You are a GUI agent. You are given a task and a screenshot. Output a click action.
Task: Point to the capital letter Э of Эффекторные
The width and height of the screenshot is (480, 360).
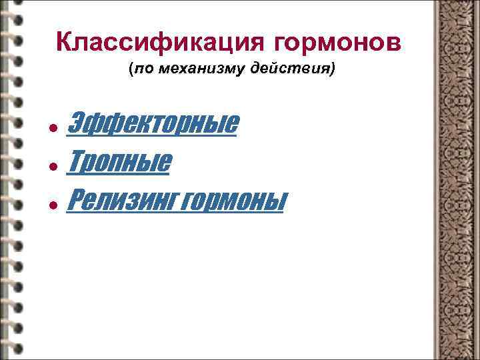[x=77, y=124]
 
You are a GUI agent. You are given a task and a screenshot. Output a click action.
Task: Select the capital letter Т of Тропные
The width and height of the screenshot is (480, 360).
[x=76, y=161]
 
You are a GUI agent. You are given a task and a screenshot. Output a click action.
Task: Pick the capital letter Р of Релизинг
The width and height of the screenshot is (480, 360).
[x=76, y=198]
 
